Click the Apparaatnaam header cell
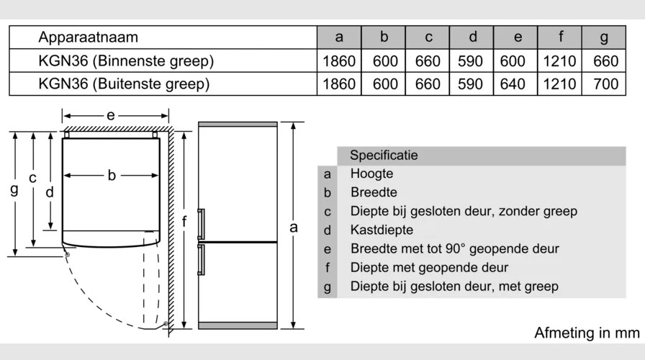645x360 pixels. pos(88,37)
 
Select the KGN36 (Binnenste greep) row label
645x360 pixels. pos(126,61)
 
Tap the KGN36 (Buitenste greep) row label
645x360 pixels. pos(124,84)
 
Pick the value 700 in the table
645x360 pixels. pos(605,84)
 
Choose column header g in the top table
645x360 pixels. pos(604,37)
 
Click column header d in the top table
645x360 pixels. pos(472,37)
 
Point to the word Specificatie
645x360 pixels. pos(383,156)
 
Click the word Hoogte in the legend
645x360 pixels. pos(371,174)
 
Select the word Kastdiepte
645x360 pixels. pos(382,230)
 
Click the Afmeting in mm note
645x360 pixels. pos(587,333)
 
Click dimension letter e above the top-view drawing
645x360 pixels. pos(110,115)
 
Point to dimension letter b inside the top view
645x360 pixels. pos(112,175)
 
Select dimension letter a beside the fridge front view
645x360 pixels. pos(293,228)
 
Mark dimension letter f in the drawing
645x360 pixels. pos(184,222)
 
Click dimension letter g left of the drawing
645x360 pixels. pos(14,190)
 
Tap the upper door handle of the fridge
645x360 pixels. pos(202,223)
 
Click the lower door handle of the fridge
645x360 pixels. pos(202,259)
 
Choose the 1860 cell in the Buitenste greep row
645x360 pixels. pos(339,84)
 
